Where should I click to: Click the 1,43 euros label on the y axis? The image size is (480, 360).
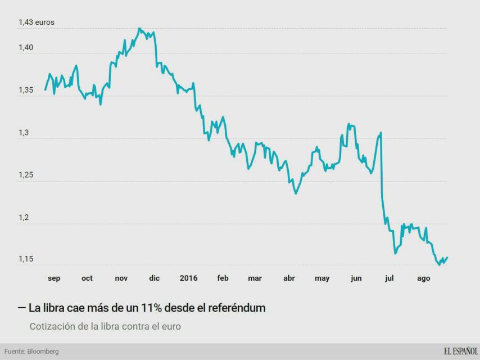click(37, 22)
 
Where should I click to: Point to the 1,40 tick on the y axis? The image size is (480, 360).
click(26, 48)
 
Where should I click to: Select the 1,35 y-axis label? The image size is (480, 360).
click(26, 89)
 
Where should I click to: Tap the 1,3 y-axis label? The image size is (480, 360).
click(24, 133)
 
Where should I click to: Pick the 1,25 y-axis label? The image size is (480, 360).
click(26, 175)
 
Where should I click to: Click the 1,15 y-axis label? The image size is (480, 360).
click(26, 259)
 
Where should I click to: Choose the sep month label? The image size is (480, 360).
click(54, 278)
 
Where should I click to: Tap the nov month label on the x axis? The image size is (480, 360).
click(121, 278)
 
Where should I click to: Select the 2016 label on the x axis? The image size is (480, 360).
click(188, 278)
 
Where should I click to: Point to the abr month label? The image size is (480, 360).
click(289, 278)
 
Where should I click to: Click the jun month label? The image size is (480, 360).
click(356, 278)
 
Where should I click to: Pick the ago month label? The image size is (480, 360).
click(423, 278)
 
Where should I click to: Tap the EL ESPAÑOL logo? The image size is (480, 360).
click(460, 352)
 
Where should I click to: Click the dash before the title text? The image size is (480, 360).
click(21, 308)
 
